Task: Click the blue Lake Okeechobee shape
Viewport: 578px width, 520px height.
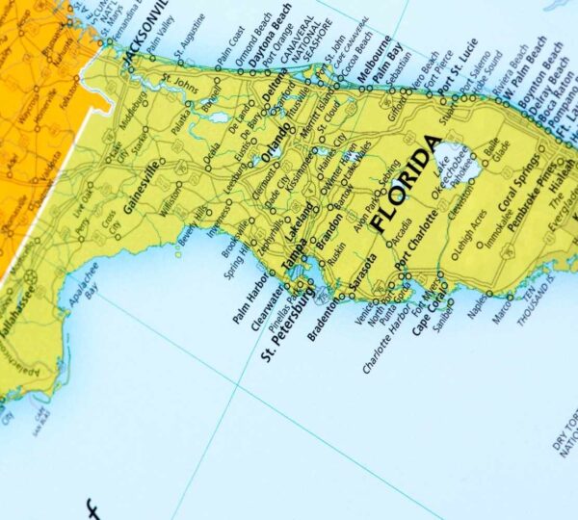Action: pyautogui.click(x=445, y=154)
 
